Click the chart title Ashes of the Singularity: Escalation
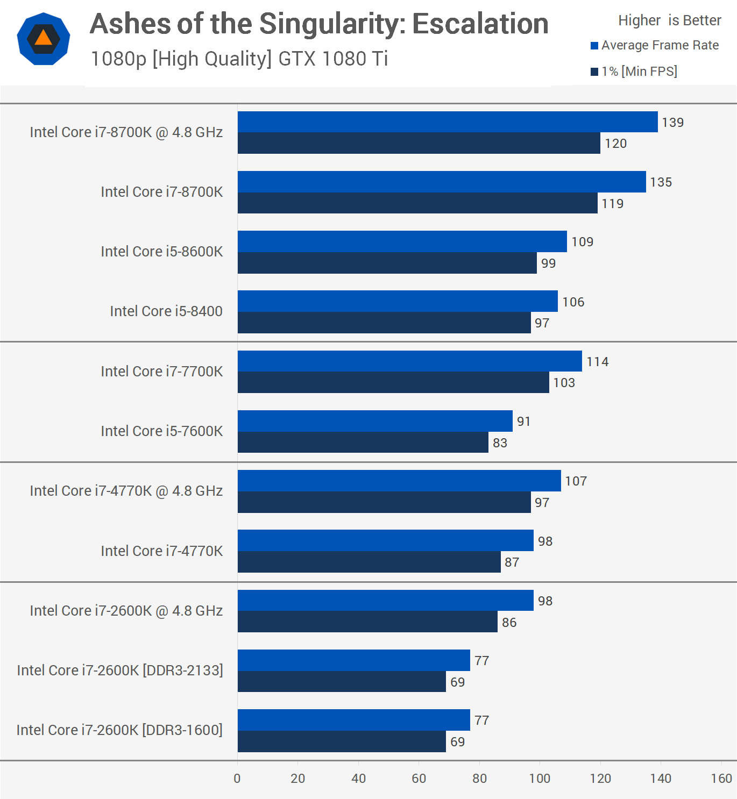pos(319,24)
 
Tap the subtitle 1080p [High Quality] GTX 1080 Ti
pos(239,59)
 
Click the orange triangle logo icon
pos(44,39)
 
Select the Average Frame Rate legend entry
pos(655,46)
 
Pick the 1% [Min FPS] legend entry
pos(634,72)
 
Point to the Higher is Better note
pos(669,20)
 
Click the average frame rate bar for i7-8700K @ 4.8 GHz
pos(447,122)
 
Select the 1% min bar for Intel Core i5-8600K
pos(387,263)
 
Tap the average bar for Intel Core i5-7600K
pos(374,421)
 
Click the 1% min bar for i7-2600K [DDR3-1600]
pos(342,741)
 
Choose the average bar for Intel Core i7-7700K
pos(409,361)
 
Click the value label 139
pos(672,123)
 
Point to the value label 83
pos(500,443)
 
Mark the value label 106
pos(573,302)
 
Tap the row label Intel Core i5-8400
pos(166,311)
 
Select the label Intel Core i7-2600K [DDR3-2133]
pos(119,670)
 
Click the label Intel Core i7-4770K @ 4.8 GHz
pos(126,491)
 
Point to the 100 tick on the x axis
pos(540,779)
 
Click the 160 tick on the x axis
pos(721,779)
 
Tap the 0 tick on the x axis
pos(237,779)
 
